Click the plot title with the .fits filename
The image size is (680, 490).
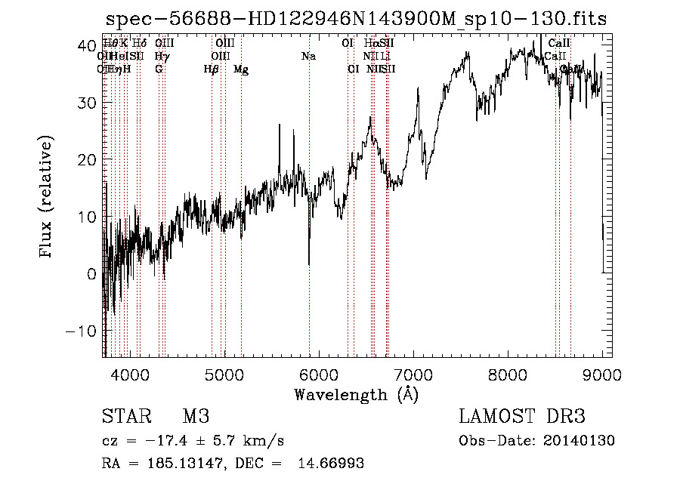click(356, 19)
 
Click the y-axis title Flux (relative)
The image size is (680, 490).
click(47, 198)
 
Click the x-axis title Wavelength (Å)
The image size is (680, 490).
click(356, 394)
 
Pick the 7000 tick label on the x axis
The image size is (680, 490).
click(413, 374)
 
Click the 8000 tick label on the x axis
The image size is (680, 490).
click(508, 374)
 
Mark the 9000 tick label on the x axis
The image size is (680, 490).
click(602, 374)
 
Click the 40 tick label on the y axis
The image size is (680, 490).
click(88, 45)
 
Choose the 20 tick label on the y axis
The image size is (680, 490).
click(88, 159)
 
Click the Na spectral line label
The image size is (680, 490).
click(308, 57)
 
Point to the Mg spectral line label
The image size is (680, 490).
click(241, 69)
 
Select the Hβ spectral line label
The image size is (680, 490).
click(211, 69)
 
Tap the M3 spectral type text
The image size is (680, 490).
click(195, 417)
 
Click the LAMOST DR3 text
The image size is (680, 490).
click(522, 417)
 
